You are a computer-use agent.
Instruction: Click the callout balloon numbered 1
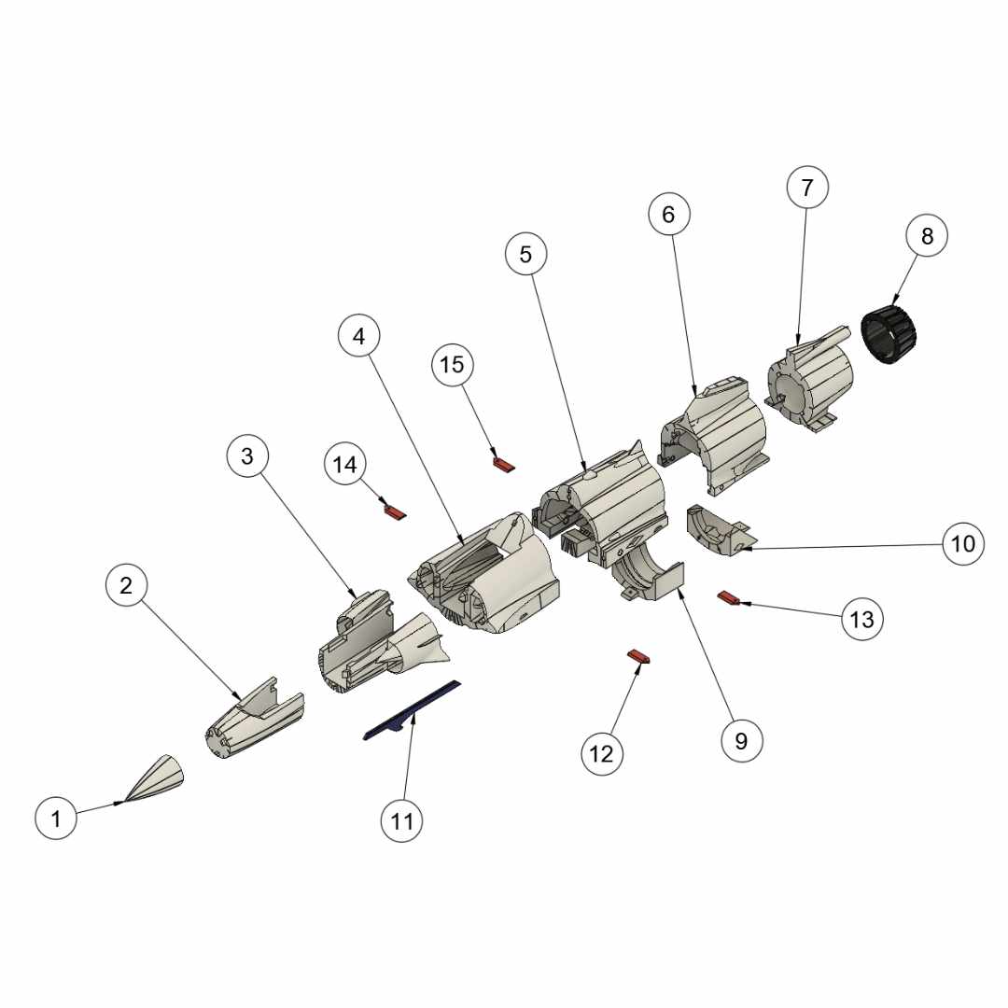pyautogui.click(x=56, y=819)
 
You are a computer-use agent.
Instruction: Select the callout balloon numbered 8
pyautogui.click(x=927, y=236)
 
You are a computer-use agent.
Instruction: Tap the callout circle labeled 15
pyautogui.click(x=453, y=365)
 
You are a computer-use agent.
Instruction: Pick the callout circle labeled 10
pyautogui.click(x=962, y=544)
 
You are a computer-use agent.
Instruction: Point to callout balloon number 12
pyautogui.click(x=602, y=753)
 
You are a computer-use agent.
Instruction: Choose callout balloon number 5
pyautogui.click(x=525, y=254)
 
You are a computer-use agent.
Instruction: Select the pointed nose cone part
pyautogui.click(x=155, y=777)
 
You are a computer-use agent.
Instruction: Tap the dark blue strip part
pyautogui.click(x=413, y=711)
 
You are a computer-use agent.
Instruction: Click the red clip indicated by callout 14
pyautogui.click(x=395, y=511)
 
